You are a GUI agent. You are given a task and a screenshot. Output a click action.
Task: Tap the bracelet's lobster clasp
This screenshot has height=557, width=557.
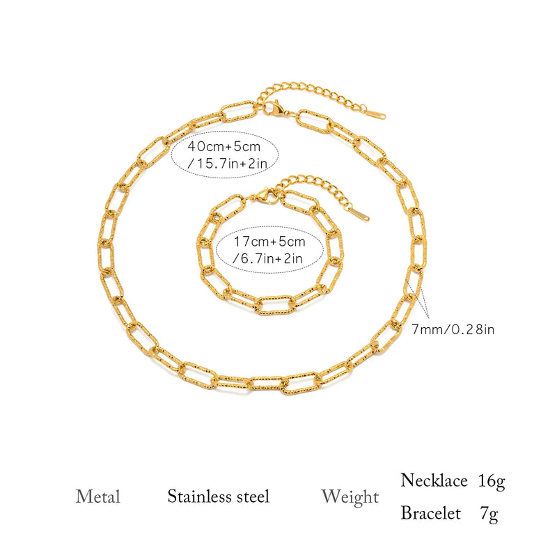(267, 196)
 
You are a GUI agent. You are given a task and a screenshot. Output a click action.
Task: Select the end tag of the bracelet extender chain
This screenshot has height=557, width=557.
(359, 214)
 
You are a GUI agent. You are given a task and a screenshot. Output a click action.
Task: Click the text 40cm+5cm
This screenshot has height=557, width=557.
(223, 146)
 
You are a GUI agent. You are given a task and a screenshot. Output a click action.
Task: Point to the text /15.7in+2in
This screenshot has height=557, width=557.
(227, 163)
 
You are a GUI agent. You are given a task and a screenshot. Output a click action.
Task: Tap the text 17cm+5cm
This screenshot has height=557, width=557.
(269, 242)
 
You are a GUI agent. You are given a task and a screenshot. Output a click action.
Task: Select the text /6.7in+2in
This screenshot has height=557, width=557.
(267, 258)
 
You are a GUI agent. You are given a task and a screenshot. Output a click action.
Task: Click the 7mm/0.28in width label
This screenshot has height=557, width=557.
(453, 329)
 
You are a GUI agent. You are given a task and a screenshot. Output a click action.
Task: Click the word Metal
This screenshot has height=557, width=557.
(97, 496)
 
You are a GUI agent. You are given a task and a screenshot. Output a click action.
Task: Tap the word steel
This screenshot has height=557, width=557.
(253, 496)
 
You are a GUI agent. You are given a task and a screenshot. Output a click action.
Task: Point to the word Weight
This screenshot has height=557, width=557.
(350, 497)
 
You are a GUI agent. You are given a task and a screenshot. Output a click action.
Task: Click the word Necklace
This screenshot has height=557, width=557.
(434, 480)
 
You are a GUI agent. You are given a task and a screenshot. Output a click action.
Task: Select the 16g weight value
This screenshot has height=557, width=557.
(492, 481)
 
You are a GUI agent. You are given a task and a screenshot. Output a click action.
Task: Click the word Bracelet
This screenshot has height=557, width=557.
(430, 512)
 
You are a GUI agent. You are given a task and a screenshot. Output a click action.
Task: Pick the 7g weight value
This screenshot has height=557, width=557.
(489, 514)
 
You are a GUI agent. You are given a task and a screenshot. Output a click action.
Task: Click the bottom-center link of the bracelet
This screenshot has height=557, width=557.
(275, 305)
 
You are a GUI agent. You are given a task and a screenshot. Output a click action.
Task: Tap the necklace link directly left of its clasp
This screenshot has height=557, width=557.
(240, 111)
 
